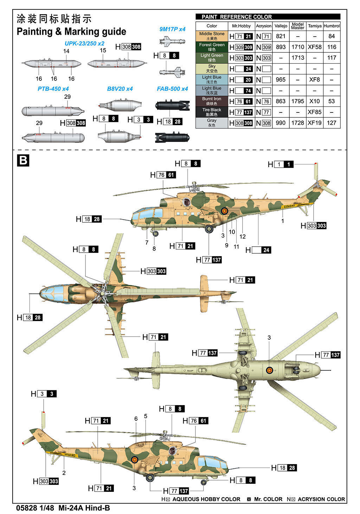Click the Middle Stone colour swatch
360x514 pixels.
(212, 36)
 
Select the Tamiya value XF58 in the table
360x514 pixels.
(314, 47)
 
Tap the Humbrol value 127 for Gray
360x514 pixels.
(332, 123)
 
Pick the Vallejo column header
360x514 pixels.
(281, 26)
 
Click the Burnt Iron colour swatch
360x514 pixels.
(212, 101)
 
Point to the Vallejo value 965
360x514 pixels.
(281, 79)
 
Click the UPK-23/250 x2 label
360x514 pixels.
(84, 44)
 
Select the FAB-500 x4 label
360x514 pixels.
(172, 89)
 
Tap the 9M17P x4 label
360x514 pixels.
(172, 29)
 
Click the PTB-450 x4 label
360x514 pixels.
(53, 89)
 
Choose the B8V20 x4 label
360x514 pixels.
(120, 89)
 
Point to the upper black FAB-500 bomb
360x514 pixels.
(172, 105)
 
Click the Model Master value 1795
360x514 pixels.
(297, 101)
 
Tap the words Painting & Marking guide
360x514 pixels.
(71, 32)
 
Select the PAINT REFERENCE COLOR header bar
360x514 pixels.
(268, 17)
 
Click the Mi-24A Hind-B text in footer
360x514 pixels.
(84, 508)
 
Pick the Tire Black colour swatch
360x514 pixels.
(212, 112)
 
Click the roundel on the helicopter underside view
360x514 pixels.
(270, 370)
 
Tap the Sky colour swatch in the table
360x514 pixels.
(212, 69)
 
